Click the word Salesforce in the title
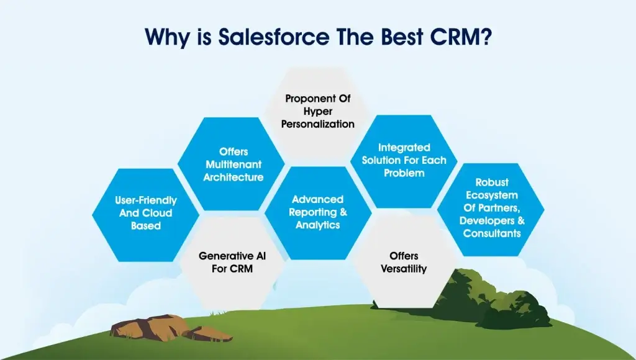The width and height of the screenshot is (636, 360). pyautogui.click(x=274, y=37)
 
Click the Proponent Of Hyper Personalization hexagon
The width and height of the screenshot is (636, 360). pyautogui.click(x=318, y=112)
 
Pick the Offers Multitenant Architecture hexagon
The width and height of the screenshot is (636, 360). pyautogui.click(x=232, y=164)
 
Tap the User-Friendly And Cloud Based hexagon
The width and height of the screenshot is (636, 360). pyautogui.click(x=145, y=215)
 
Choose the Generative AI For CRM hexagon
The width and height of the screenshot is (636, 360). pyautogui.click(x=232, y=263)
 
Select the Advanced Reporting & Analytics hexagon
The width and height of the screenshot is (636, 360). pyautogui.click(x=318, y=212)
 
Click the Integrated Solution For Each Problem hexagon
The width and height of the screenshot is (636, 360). pyautogui.click(x=404, y=161)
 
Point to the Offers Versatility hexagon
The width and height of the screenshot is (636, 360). pyautogui.click(x=404, y=261)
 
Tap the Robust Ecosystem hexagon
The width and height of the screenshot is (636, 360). pyautogui.click(x=491, y=209)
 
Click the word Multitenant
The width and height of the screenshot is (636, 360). pyautogui.click(x=234, y=164)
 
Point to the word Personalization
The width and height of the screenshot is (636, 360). pyautogui.click(x=318, y=125)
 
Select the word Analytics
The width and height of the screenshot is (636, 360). pyautogui.click(x=317, y=225)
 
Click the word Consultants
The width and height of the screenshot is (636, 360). pyautogui.click(x=492, y=233)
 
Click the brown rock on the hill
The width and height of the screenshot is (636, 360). pyautogui.click(x=170, y=328)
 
